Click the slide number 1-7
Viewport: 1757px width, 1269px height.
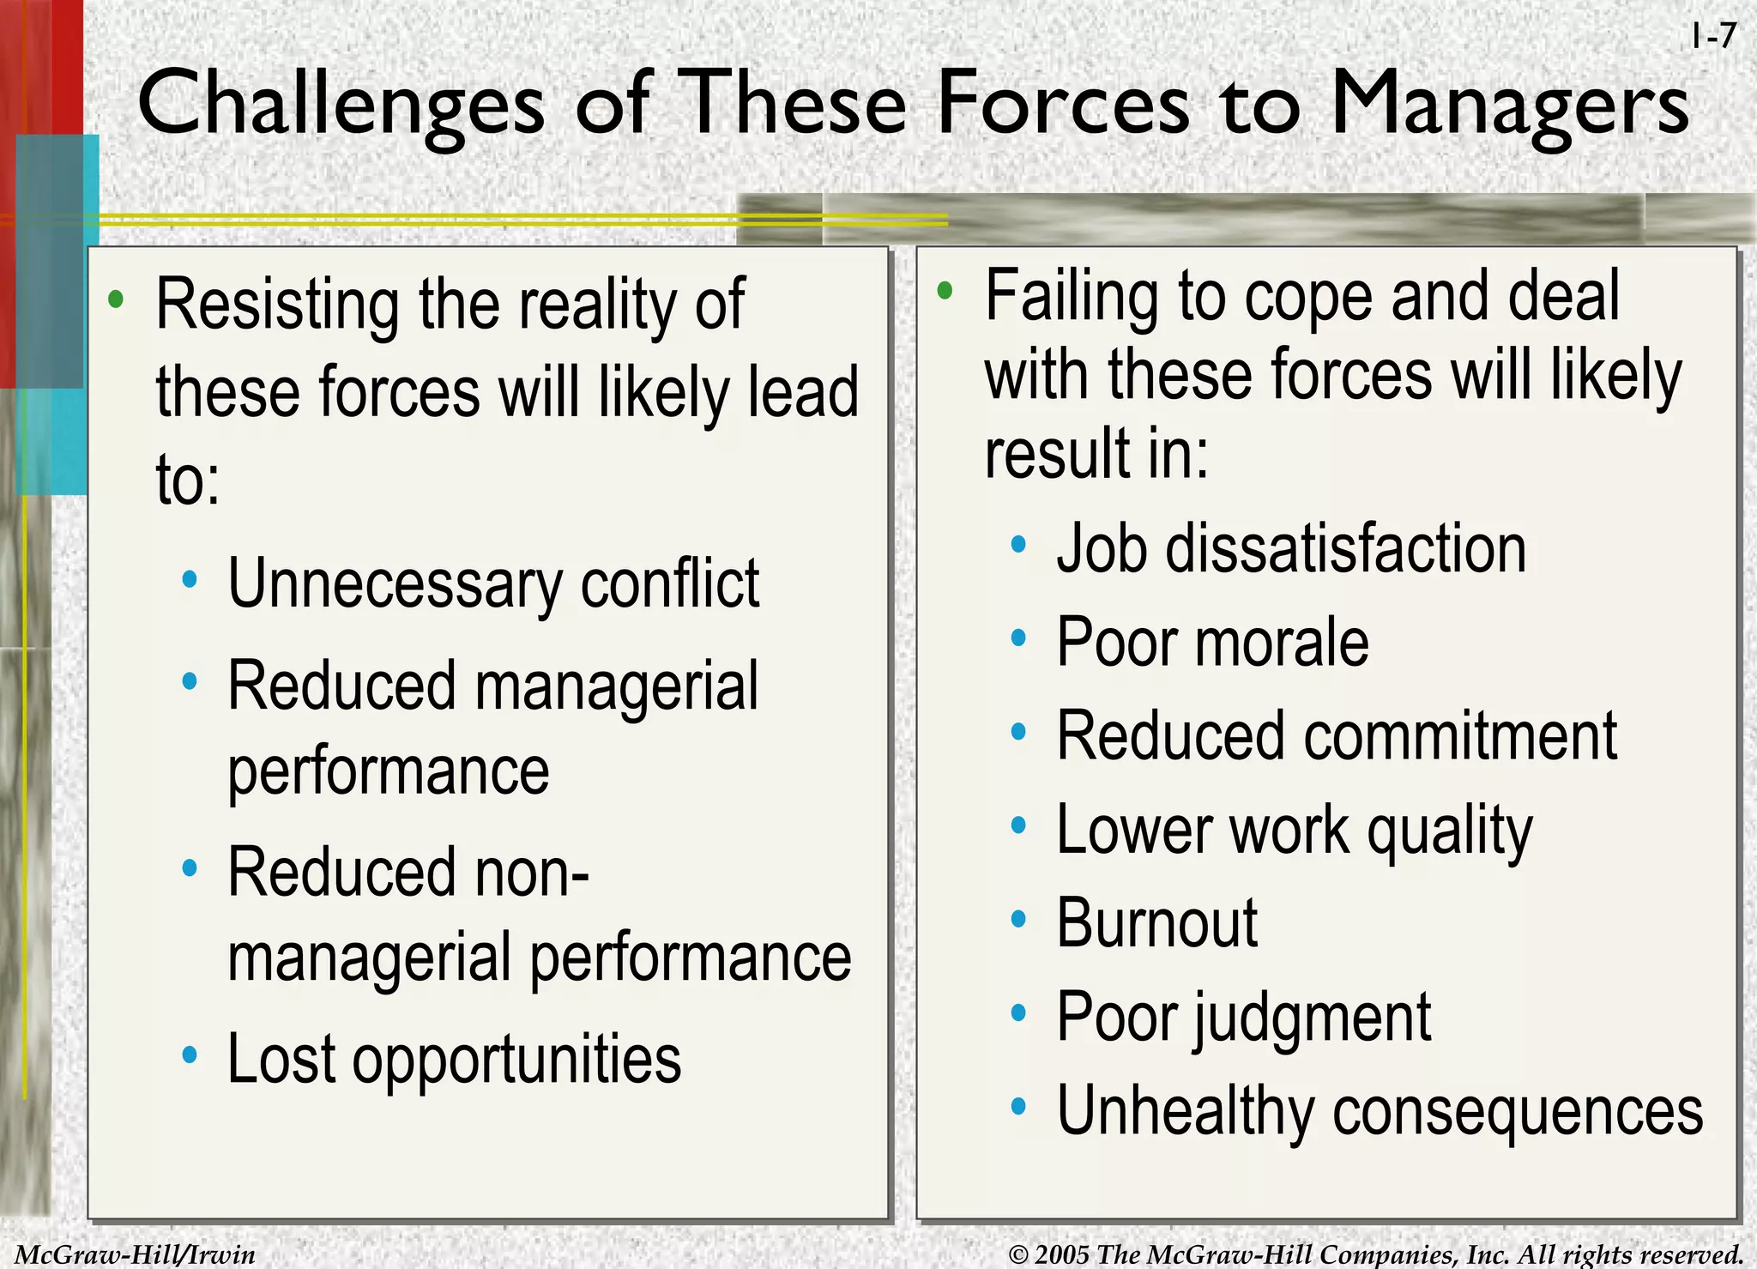[1713, 37]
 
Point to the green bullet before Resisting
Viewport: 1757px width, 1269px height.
[116, 300]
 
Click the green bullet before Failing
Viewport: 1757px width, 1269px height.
[945, 291]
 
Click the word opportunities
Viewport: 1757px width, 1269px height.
[516, 1061]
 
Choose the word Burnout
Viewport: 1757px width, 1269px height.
[1156, 923]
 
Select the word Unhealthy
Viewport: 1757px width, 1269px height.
[1185, 1111]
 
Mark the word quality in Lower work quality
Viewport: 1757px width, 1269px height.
[1449, 831]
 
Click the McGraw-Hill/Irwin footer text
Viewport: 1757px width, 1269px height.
[136, 1254]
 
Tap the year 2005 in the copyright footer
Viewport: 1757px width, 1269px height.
[1062, 1254]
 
